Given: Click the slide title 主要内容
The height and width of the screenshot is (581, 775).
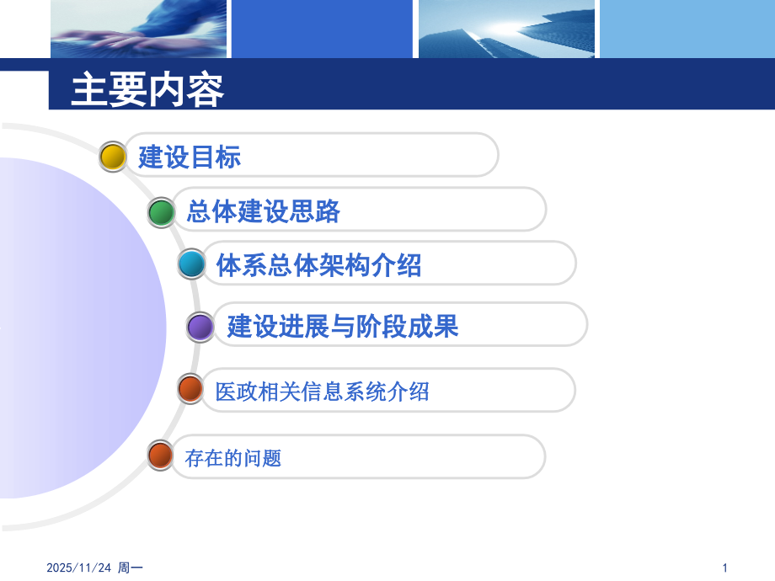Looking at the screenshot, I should click(x=147, y=89).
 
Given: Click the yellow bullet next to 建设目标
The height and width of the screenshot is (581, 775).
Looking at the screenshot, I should click(x=113, y=157).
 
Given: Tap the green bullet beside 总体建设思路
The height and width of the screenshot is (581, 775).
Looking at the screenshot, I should click(x=161, y=212).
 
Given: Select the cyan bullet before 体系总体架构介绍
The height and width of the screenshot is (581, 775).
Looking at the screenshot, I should click(x=191, y=265).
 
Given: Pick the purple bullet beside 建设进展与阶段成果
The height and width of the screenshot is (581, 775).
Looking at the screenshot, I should click(x=200, y=327).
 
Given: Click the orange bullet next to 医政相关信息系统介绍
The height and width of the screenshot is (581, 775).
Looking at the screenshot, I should click(x=191, y=390).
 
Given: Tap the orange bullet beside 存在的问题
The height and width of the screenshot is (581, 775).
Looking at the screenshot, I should click(x=160, y=456).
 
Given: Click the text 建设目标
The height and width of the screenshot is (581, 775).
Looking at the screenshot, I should click(x=190, y=157).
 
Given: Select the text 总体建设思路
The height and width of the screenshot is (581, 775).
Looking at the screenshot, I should click(x=263, y=211).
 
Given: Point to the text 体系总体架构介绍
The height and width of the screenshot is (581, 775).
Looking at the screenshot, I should click(x=318, y=265).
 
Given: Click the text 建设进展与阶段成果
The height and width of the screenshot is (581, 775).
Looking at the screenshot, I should click(x=342, y=326).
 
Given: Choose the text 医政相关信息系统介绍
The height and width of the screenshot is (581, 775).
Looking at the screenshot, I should click(x=322, y=391).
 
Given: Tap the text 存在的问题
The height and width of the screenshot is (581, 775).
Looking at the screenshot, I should click(x=232, y=458).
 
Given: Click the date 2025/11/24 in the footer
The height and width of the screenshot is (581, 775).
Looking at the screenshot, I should click(x=78, y=568).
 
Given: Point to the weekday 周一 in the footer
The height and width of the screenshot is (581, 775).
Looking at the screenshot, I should click(x=129, y=568).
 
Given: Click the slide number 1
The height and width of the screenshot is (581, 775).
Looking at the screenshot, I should click(x=724, y=568).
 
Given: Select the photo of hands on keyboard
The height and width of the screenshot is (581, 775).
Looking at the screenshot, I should click(x=138, y=29).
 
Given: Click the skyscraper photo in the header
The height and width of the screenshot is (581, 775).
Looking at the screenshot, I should click(x=505, y=29).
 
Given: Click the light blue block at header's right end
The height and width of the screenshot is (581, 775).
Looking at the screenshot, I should click(x=687, y=29).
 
